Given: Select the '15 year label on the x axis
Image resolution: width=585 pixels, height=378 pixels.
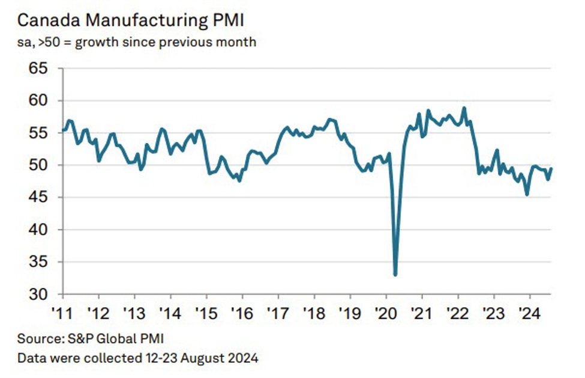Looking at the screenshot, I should tap(206, 312).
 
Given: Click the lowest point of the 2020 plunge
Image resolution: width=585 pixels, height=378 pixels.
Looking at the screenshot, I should tap(395, 275).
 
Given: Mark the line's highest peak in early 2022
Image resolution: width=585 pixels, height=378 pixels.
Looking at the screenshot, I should tap(464, 108).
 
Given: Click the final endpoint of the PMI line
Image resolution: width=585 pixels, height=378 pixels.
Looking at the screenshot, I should tap(551, 168).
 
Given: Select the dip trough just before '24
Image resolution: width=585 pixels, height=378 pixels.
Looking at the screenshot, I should tap(527, 194).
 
